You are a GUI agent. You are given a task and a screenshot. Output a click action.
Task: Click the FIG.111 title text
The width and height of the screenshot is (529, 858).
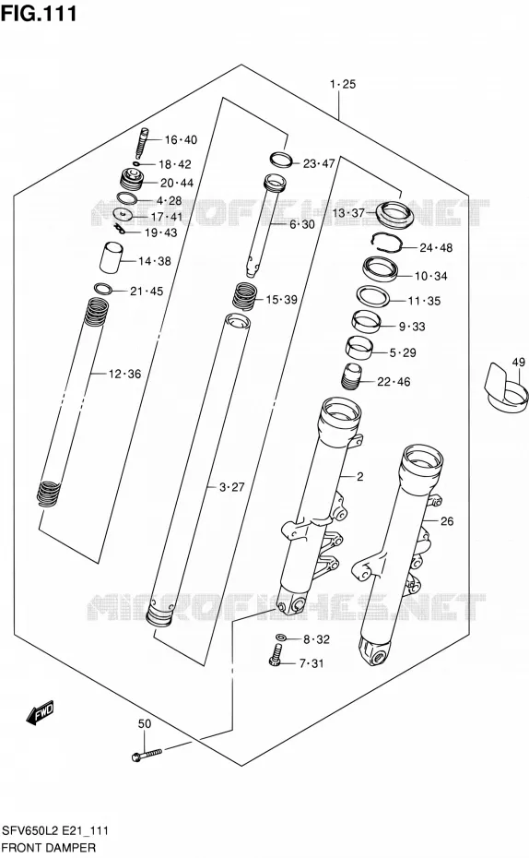point(39,13)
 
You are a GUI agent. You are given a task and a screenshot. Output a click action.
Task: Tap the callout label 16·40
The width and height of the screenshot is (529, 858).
point(181,140)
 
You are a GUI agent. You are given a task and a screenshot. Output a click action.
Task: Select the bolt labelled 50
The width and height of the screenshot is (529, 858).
point(147,755)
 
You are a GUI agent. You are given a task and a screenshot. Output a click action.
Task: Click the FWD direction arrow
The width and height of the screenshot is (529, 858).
point(41,712)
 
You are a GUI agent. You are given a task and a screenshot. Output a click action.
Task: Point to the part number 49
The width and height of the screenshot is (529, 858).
point(518,362)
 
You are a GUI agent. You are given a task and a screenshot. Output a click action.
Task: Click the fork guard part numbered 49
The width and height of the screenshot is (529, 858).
point(506,388)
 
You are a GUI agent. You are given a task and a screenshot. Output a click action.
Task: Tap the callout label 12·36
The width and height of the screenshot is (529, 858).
point(124,375)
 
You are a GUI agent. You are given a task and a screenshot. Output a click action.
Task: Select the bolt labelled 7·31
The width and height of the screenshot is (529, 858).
point(276,655)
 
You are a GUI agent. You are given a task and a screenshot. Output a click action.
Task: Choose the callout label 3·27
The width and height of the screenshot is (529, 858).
point(231,487)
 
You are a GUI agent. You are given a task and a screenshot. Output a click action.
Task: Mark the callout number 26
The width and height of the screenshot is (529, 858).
point(447,521)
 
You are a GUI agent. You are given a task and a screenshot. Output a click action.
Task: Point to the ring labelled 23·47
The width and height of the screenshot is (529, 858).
point(282,160)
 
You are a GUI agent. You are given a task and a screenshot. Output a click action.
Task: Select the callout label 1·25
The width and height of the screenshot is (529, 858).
point(343,84)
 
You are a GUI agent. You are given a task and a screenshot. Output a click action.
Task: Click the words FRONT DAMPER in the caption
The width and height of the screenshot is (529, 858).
point(49,848)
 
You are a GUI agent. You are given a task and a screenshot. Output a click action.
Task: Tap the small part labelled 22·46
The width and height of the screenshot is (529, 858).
point(351,377)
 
